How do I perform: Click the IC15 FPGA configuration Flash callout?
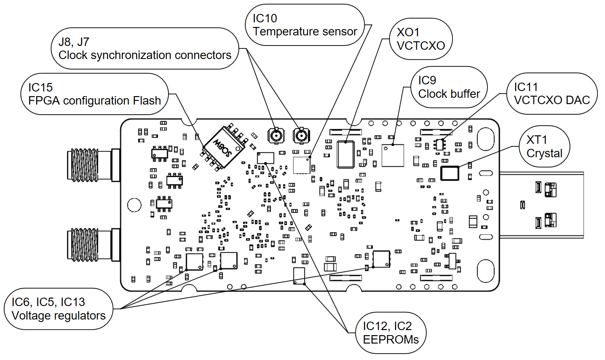[x=94, y=94]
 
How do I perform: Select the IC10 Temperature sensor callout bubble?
[x=305, y=25]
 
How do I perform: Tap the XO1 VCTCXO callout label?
[x=420, y=39]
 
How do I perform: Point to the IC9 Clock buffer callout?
[x=449, y=87]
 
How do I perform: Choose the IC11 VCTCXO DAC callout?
[x=551, y=94]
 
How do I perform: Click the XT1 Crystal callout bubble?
[x=544, y=146]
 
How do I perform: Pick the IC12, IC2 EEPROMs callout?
[x=391, y=333]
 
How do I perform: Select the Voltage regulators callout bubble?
[x=59, y=309]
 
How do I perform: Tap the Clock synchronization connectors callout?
[x=145, y=48]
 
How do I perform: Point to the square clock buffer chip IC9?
[x=393, y=155]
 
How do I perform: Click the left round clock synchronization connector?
[x=276, y=136]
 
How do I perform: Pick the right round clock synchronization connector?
[x=301, y=136]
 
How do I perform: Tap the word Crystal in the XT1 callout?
[x=544, y=153]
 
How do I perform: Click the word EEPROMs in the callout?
[x=391, y=339]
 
